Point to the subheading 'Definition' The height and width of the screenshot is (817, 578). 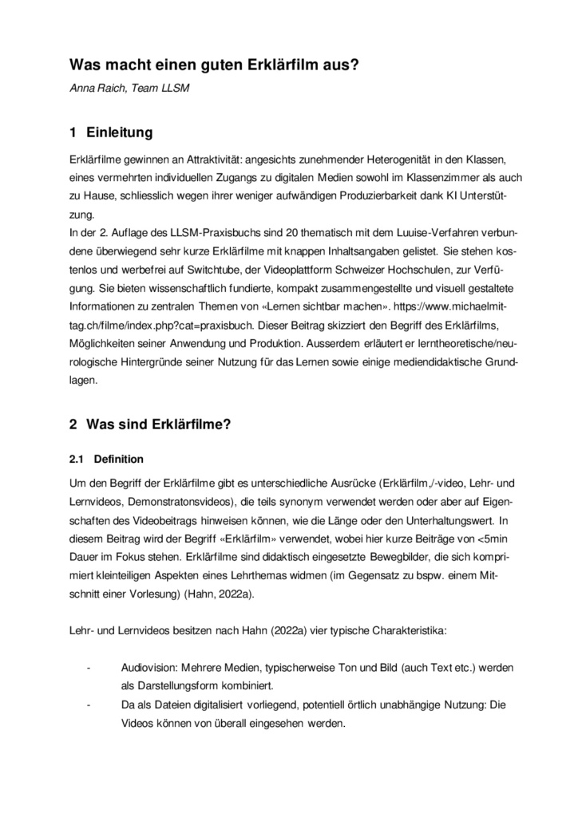(119, 459)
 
